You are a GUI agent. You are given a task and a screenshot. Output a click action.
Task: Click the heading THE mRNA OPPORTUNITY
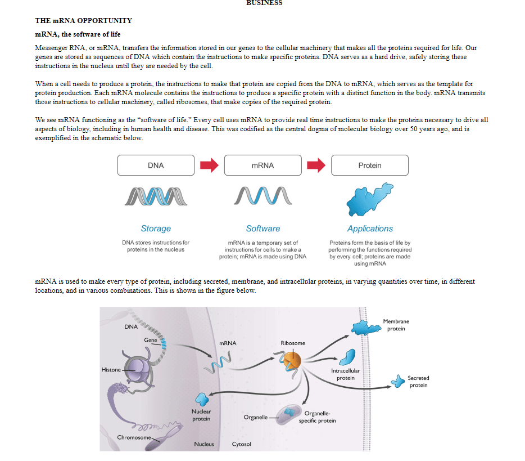point(83,21)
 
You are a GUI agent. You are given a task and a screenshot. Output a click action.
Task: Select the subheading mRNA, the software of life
point(78,34)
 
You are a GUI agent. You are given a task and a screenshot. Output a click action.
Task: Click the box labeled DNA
point(156,165)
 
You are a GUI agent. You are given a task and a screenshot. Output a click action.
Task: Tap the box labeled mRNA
point(262,165)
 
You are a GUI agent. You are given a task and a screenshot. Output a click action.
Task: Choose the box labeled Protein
point(369,165)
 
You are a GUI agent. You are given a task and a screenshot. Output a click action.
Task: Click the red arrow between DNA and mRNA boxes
point(209,165)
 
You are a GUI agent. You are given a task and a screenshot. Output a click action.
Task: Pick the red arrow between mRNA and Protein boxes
point(316,165)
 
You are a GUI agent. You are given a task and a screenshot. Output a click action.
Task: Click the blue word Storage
point(156,229)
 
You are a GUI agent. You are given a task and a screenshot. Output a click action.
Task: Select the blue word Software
point(262,229)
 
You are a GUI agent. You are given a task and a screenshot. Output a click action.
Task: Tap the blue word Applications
point(370,229)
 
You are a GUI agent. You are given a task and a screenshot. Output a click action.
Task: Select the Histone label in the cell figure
point(111,370)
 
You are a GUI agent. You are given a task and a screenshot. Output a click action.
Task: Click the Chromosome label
point(134,437)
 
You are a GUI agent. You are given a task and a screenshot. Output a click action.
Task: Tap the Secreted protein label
point(418,382)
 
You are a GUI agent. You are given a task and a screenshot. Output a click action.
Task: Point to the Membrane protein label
point(396,325)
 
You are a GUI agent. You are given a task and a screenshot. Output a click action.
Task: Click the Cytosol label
point(242,444)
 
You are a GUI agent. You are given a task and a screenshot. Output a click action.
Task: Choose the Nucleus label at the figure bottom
point(204,444)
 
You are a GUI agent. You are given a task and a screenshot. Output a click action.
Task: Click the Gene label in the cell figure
point(150,340)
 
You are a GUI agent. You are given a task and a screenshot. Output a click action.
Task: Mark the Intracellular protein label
point(346,374)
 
